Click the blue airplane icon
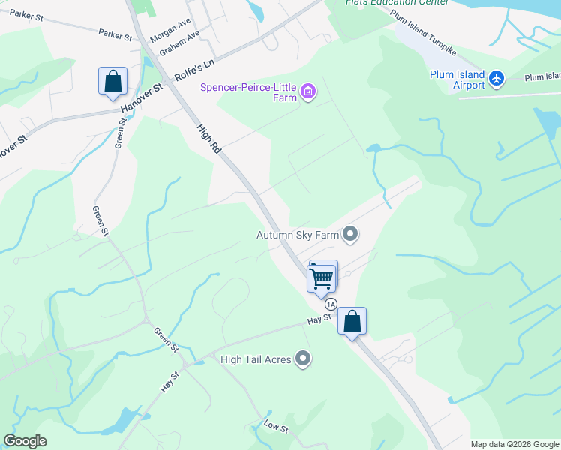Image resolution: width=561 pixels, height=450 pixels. [x=496, y=77]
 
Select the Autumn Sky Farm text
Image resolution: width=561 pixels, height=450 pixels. [x=298, y=235]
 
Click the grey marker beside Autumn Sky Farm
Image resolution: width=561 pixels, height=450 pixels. [x=350, y=235]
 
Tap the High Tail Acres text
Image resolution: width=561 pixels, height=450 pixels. [x=256, y=359]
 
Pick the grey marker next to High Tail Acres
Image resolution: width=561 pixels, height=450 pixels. [x=303, y=359]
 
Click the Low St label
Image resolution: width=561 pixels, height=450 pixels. [x=276, y=426]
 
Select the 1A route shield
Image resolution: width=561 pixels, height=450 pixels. [x=331, y=304]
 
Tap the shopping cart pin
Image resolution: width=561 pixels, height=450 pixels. [x=321, y=278]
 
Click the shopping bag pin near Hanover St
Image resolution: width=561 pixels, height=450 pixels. [x=112, y=82]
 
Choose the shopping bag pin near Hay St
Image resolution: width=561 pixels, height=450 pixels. [x=352, y=322]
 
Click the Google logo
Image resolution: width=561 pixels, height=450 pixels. [x=25, y=441]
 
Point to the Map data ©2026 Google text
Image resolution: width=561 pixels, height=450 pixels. [x=514, y=444]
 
